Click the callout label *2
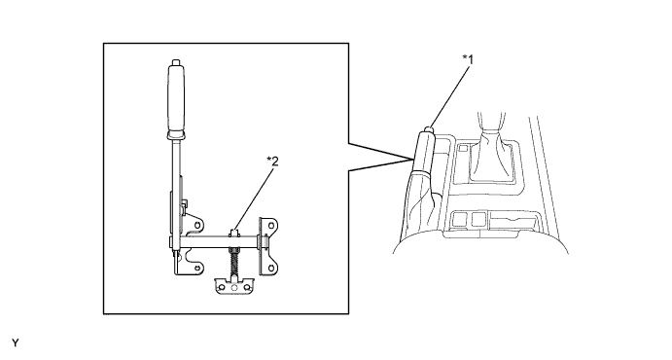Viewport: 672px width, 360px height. [272, 162]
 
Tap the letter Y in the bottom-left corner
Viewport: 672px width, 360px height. [15, 342]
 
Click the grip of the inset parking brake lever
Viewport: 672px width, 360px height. [175, 99]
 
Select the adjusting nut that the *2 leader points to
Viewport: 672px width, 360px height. [234, 234]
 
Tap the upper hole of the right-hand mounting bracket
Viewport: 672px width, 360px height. [271, 223]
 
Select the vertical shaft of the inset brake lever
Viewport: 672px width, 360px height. [175, 185]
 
